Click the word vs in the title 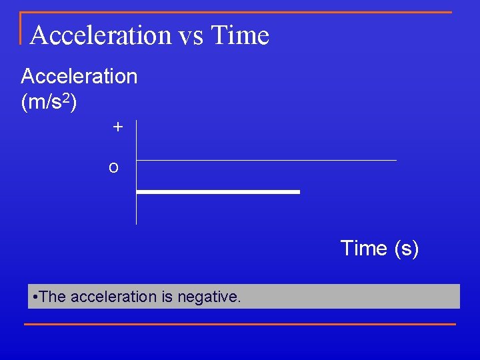point(190,35)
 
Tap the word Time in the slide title point(239,35)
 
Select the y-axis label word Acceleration point(79,77)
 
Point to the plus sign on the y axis point(118,127)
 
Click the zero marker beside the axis point(114,167)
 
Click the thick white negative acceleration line point(218,192)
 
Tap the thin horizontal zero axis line point(267,160)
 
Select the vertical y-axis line point(136,200)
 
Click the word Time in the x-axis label point(364,248)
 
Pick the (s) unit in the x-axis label point(406,248)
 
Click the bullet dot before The point(35,297)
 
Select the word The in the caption point(53,297)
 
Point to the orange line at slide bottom point(240,324)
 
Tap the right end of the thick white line point(298,192)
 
